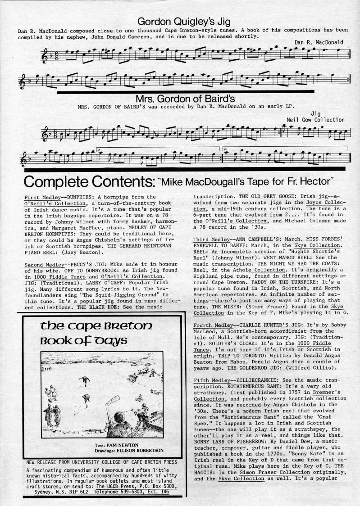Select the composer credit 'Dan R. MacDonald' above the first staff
tap(319, 42)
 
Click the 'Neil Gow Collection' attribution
tap(315, 120)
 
